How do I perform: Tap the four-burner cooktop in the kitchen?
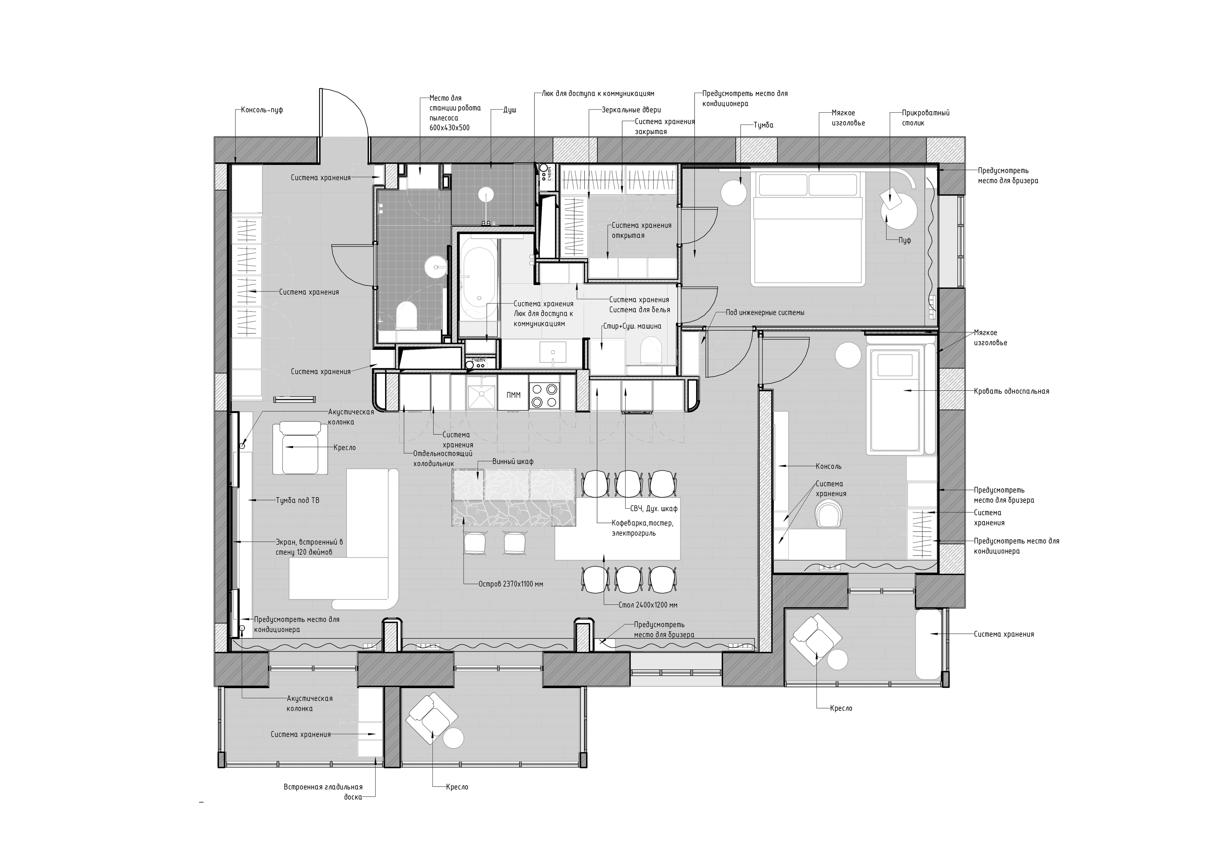pyautogui.click(x=545, y=395)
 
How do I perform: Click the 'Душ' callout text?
pyautogui.click(x=510, y=110)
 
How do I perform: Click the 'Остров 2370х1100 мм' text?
pyautogui.click(x=511, y=584)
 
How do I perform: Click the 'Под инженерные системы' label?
pyautogui.click(x=765, y=313)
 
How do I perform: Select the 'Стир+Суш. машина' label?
pyautogui.click(x=632, y=326)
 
